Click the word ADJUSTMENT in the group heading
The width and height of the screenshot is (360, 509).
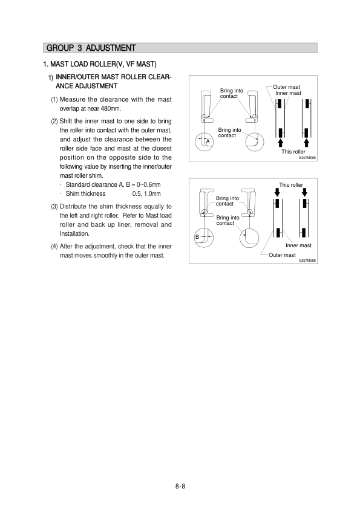(x=111, y=48)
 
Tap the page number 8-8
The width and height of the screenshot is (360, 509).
(x=180, y=486)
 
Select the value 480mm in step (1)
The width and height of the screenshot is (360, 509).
(x=111, y=108)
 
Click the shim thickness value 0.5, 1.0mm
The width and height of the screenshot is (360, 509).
(x=146, y=194)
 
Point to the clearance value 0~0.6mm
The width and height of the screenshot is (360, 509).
(x=148, y=185)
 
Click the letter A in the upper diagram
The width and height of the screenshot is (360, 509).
(x=208, y=141)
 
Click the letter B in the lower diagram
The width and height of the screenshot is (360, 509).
(x=197, y=237)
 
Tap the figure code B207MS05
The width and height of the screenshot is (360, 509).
(x=307, y=158)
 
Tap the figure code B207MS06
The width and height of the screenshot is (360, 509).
(x=307, y=261)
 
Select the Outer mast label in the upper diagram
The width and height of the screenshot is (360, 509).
(x=286, y=87)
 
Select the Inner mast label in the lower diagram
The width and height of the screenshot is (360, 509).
(x=298, y=245)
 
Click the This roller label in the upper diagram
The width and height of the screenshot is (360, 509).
(x=293, y=152)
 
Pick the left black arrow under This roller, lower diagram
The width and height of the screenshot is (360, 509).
(x=277, y=192)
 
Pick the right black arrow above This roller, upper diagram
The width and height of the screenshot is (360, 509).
(x=306, y=143)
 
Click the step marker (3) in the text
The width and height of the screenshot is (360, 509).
(x=54, y=207)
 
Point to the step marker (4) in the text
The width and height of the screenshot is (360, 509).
(x=54, y=247)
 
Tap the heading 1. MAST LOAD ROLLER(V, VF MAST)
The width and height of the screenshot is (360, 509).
(x=100, y=64)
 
